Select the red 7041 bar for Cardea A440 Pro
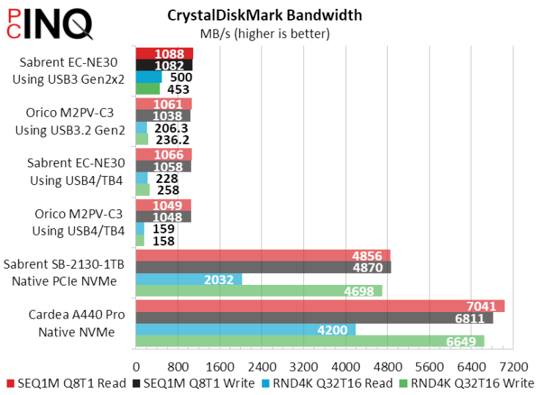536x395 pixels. click(x=320, y=306)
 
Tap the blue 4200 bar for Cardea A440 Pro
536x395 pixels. click(x=245, y=330)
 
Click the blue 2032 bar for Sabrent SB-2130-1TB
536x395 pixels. click(x=189, y=279)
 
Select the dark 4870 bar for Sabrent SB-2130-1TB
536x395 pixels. click(x=263, y=267)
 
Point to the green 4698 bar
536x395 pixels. click(x=258, y=291)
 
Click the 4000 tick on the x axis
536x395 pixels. click(x=345, y=366)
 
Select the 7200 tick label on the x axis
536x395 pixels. click(x=513, y=366)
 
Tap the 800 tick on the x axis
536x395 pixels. click(x=178, y=366)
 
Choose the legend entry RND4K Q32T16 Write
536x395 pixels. click(x=468, y=383)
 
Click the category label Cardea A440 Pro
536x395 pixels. click(x=77, y=315)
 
